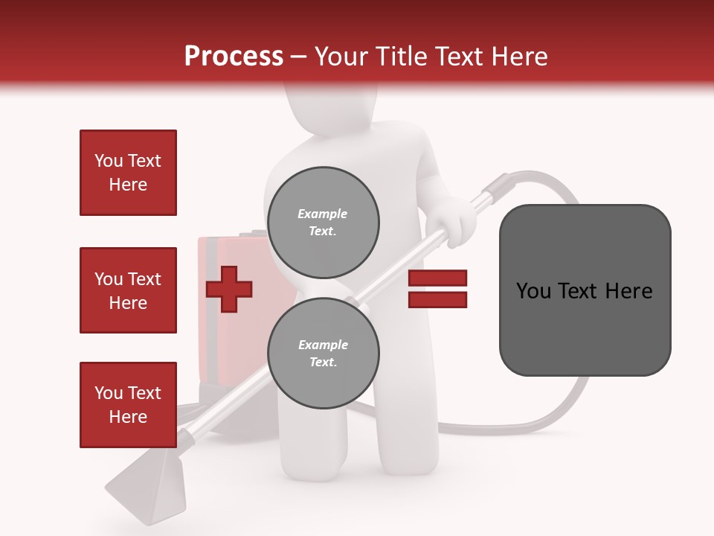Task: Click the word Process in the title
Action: coord(234,57)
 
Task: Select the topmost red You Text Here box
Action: coord(128,173)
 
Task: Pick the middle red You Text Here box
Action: coord(128,290)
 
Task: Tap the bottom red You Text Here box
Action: coord(128,404)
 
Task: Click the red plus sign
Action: coord(229,288)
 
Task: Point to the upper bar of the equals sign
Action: coord(437,278)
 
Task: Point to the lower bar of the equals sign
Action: coord(437,299)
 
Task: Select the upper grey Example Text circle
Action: coord(323,223)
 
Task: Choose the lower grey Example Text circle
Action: coord(323,354)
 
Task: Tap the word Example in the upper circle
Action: coord(322,214)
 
